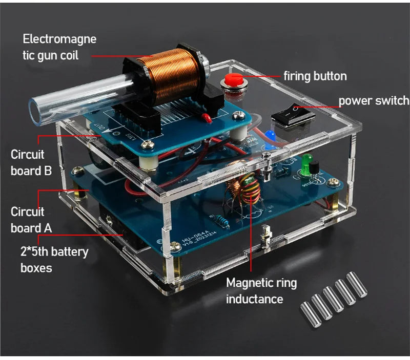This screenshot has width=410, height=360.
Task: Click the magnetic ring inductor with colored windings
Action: pyautogui.click(x=240, y=184)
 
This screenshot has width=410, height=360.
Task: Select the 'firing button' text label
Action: pyautogui.click(x=315, y=76)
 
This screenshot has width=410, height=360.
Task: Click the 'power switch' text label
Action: pyautogui.click(x=374, y=100)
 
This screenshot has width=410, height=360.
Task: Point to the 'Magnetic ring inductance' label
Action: pyautogui.click(x=261, y=290)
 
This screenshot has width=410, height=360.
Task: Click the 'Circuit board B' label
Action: pyautogui.click(x=31, y=162)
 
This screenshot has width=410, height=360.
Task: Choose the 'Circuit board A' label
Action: pyautogui.click(x=31, y=219)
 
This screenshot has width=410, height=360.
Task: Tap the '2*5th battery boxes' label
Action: pyautogui.click(x=54, y=259)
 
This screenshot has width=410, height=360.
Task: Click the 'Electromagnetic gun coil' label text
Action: pyautogui.click(x=59, y=47)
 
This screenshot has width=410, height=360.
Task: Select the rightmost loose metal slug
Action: pyautogui.click(x=357, y=285)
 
